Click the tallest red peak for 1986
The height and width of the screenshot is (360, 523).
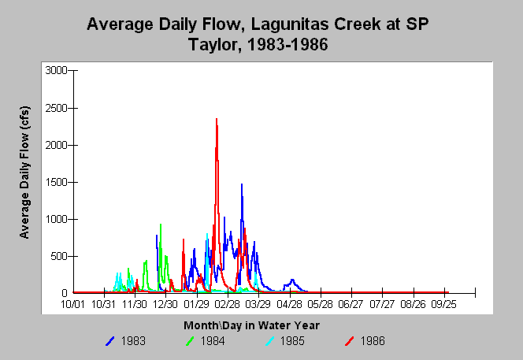[x=217, y=119]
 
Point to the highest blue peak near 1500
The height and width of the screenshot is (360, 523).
[x=242, y=184]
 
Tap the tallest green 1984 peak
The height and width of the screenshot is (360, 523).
[x=161, y=225]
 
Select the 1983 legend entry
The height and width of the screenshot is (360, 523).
[x=125, y=341]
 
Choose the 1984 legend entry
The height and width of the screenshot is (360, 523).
[x=205, y=341]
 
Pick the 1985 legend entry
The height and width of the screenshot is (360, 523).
[x=285, y=341]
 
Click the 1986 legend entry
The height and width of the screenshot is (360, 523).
[x=365, y=341]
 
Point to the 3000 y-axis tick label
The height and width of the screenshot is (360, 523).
[x=56, y=70]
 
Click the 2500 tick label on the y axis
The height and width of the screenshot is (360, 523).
[x=56, y=108]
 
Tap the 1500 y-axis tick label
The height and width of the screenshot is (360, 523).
[x=56, y=182]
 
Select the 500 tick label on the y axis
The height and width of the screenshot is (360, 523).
[x=59, y=256]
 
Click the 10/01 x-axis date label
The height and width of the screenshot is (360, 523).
[x=72, y=304]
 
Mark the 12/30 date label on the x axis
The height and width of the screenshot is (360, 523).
[x=165, y=304]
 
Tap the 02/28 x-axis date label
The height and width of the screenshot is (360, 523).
[x=227, y=304]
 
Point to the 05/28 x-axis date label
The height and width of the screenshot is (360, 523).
[x=320, y=304]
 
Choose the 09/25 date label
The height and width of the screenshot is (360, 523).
[x=443, y=304]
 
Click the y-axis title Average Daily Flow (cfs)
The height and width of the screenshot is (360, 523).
[x=24, y=173]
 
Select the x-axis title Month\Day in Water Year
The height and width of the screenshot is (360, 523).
[x=251, y=325]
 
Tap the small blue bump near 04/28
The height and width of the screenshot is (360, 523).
[x=292, y=280]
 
